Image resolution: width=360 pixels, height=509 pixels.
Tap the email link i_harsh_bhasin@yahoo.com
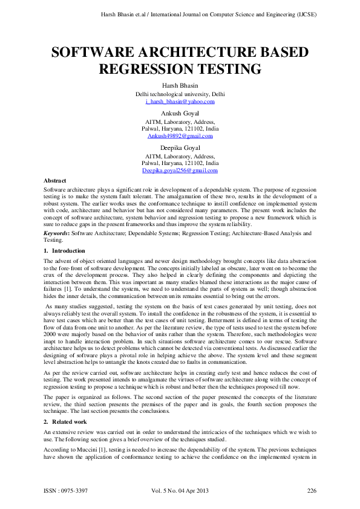pos(180,102)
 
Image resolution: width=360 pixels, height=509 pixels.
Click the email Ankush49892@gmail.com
pos(180,136)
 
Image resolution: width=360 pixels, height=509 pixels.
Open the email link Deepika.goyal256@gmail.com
pos(180,171)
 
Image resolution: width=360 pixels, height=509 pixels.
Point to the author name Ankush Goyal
pos(180,114)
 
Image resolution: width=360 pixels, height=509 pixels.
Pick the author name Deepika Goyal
pos(180,148)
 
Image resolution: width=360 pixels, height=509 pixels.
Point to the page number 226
pos(312,490)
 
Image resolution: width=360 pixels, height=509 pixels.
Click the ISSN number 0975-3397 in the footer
pos(78,490)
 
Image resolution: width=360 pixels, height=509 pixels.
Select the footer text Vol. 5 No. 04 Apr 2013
pos(180,490)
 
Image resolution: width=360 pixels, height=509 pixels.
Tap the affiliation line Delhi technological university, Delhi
pos(180,95)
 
